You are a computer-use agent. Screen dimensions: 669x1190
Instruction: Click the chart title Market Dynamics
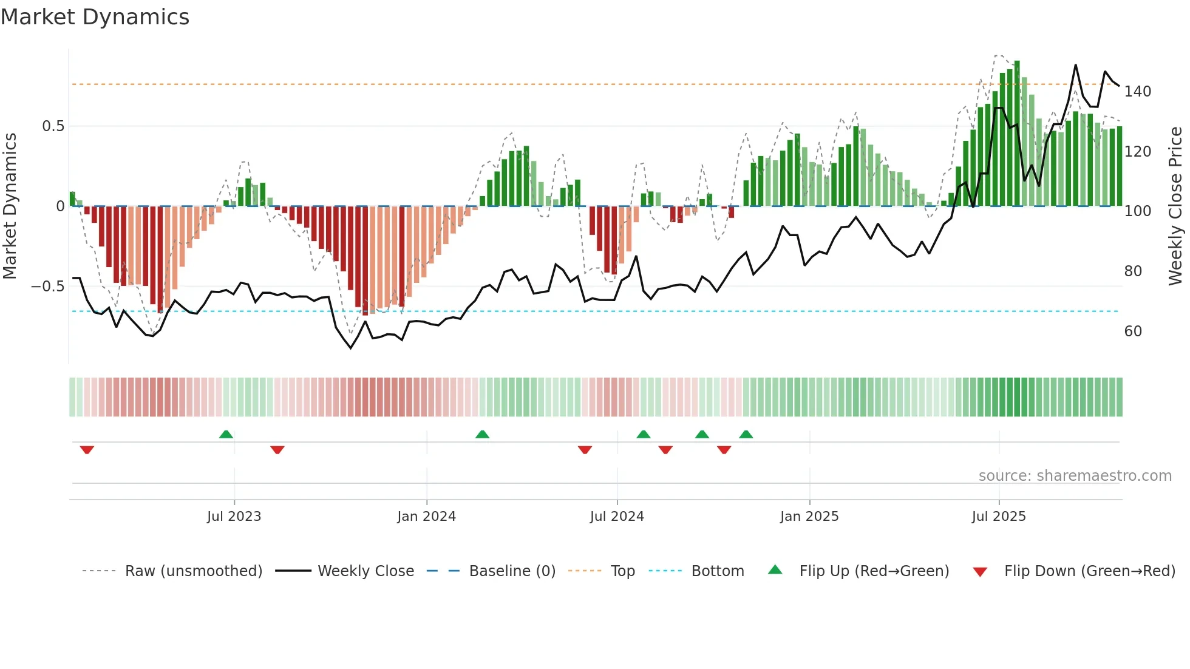95,17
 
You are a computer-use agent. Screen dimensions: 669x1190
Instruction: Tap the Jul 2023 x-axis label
234,517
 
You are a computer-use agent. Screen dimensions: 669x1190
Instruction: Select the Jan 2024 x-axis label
426,517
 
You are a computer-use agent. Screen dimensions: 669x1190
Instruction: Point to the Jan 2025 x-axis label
809,517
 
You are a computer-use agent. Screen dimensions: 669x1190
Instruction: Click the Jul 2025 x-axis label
998,517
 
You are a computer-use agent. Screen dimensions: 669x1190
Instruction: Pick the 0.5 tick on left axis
53,126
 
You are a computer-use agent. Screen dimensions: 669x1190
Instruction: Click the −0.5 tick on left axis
48,286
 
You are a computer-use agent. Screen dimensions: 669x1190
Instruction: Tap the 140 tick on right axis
1137,92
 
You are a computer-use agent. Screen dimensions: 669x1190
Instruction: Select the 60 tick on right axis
1133,331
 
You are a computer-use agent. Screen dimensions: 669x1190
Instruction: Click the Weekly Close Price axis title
1175,206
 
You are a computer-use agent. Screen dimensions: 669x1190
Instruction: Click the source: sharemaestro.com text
1075,476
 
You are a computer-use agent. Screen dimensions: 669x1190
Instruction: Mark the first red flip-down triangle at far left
87,450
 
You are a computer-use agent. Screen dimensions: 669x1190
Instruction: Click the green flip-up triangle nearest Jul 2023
226,434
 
